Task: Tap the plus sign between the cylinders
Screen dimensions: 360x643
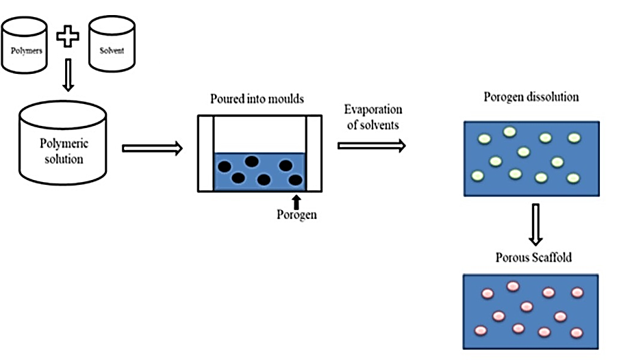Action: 67,36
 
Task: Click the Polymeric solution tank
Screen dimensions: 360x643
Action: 64,147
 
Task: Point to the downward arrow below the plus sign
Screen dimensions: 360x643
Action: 67,75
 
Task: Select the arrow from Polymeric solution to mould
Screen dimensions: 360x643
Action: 152,147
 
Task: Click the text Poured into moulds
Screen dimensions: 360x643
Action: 257,99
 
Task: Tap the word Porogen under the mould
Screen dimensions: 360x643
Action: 297,215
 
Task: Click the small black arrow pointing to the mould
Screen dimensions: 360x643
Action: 297,201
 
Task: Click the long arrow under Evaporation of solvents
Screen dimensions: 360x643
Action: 371,145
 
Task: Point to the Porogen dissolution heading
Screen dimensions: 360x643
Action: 531,97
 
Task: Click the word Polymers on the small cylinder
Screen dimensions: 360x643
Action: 25,51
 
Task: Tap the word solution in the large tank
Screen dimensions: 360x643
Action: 64,159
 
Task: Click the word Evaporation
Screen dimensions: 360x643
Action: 373,110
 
